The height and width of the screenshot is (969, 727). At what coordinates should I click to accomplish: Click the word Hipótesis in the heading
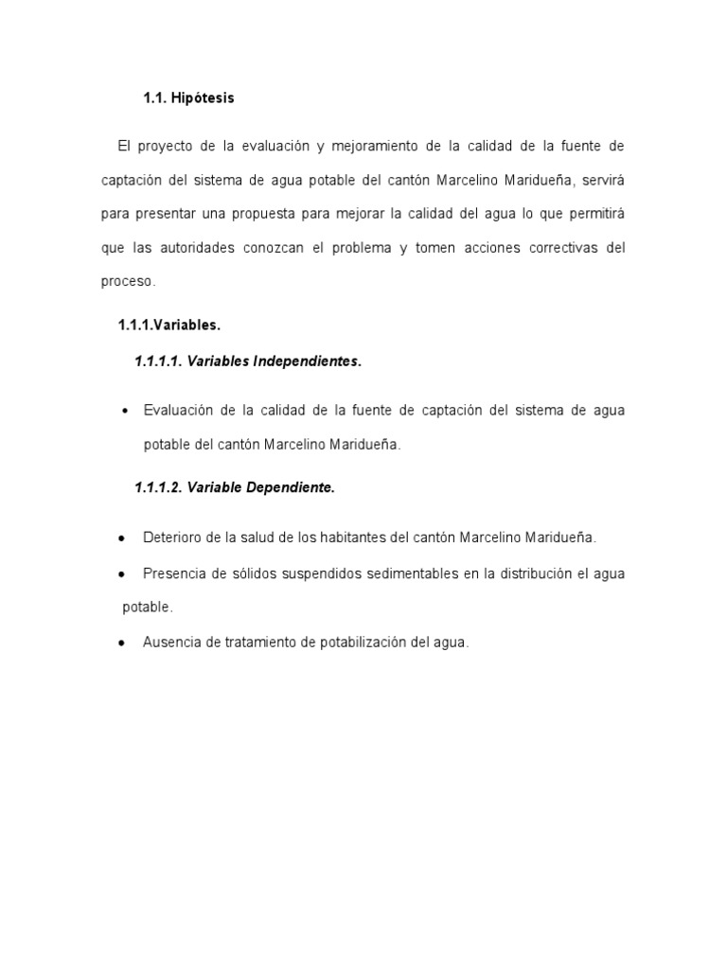[203, 97]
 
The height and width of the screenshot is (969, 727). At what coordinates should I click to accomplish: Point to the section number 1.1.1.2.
[158, 488]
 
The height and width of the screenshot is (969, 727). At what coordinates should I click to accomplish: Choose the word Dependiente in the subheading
[291, 488]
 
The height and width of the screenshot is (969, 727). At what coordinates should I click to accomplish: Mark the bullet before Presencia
[122, 573]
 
